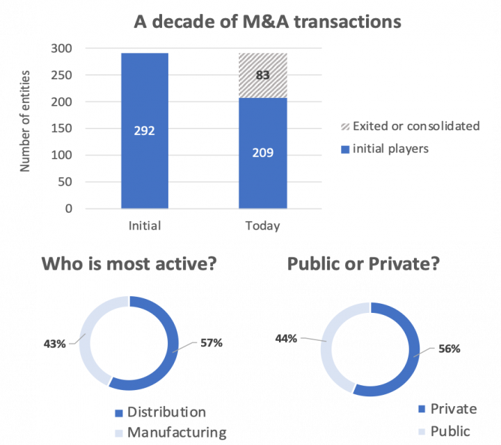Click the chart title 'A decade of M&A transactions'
point(267,22)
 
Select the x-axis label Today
point(262,226)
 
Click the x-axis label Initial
point(145,226)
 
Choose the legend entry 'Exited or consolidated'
point(416,126)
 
